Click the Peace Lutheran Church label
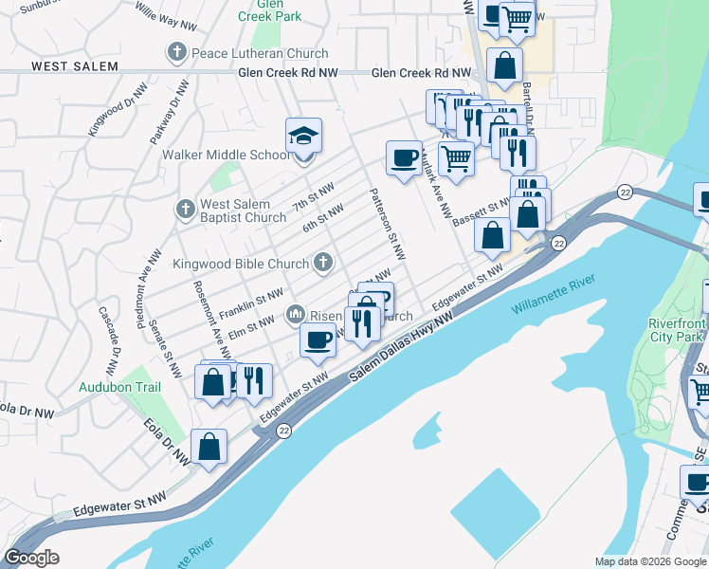(260, 54)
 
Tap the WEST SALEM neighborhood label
(75, 66)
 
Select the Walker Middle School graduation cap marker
(304, 137)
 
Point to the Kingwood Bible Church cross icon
(322, 262)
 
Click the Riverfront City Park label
(676, 330)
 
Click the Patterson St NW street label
(386, 224)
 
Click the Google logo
(31, 558)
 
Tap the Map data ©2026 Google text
(649, 561)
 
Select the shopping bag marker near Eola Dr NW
(209, 448)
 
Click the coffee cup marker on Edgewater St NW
(318, 340)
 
